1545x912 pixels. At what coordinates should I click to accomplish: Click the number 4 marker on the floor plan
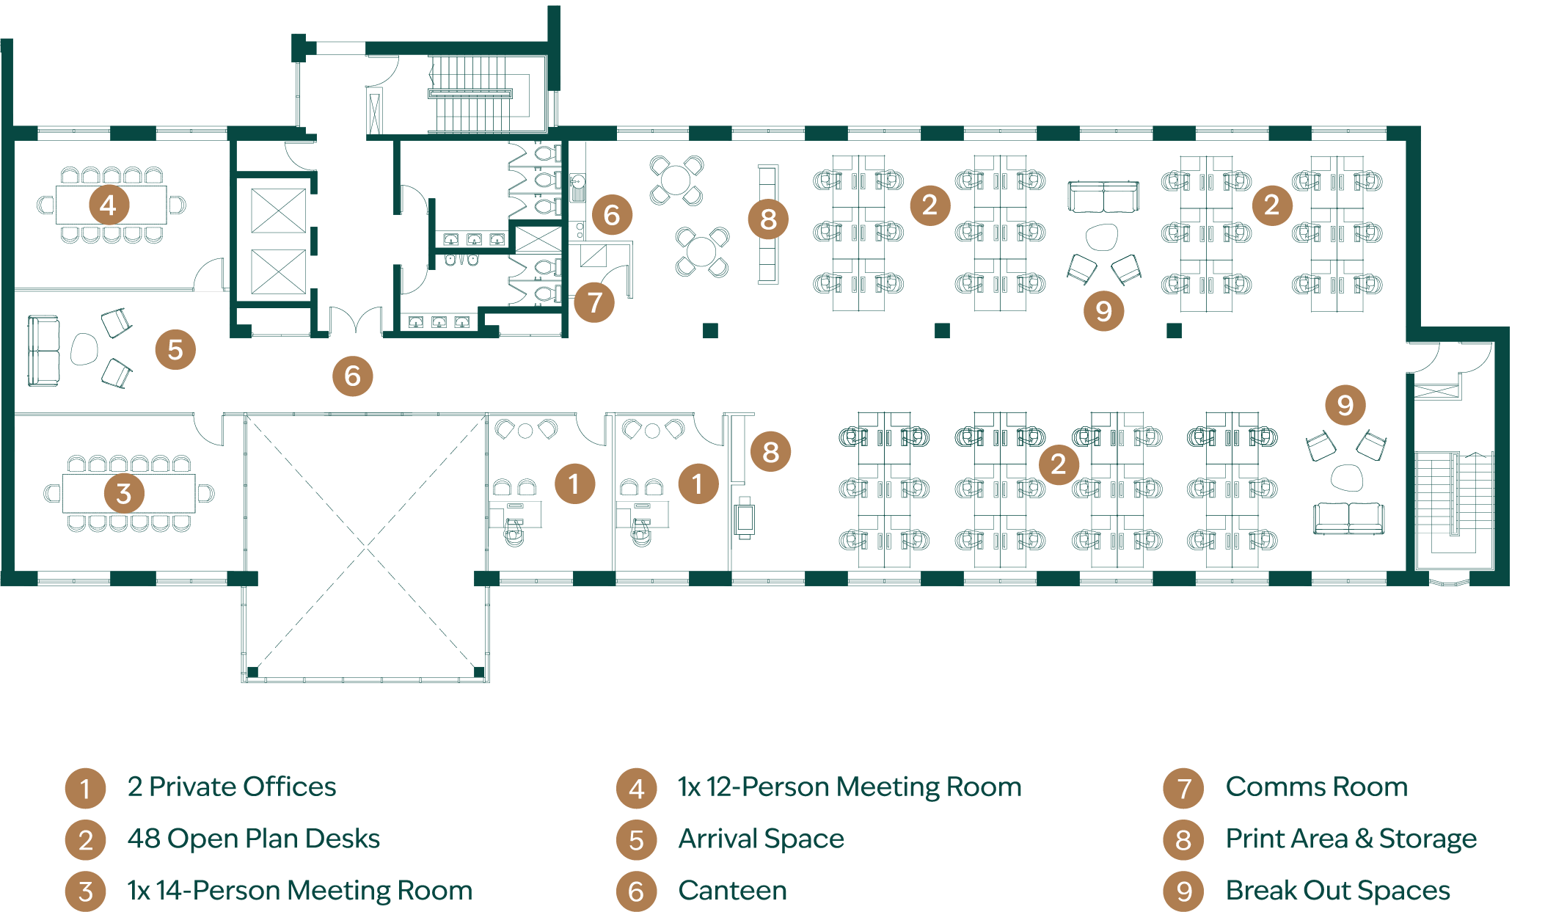109,205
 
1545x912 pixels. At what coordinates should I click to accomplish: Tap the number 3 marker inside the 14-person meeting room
124,493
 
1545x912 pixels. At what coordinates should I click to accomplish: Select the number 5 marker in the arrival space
175,349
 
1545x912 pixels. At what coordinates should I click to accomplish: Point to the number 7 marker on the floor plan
594,302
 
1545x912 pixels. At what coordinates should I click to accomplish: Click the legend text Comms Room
1316,787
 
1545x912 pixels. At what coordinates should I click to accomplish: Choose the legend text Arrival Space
761,839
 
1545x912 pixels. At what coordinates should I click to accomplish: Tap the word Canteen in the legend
732,890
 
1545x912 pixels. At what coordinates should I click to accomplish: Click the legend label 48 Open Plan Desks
253,839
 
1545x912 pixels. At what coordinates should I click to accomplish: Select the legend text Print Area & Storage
1351,839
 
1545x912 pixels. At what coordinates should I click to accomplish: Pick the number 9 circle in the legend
1183,891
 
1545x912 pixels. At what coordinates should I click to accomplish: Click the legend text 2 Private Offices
232,787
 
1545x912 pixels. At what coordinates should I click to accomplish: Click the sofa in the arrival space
43,351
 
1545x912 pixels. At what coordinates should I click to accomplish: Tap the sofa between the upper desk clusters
1103,197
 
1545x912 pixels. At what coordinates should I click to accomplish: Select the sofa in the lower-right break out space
1348,518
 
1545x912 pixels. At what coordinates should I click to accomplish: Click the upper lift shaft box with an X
279,211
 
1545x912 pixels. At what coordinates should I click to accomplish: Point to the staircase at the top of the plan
470,94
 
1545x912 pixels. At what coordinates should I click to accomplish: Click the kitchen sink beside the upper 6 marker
578,187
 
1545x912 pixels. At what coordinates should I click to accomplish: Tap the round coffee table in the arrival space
84,349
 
